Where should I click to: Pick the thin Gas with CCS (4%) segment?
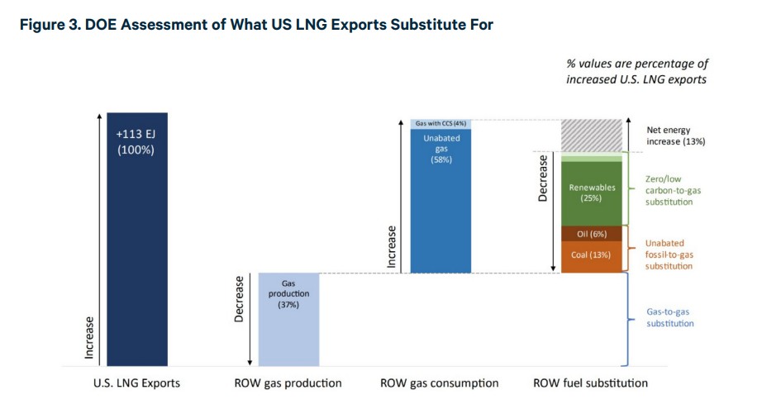441,123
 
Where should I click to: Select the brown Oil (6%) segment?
592,234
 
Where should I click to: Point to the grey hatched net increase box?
592,135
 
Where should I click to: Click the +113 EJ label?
136,134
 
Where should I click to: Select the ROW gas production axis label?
288,383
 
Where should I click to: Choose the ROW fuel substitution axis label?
592,383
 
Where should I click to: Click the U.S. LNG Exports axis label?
137,383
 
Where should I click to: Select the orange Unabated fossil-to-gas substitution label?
669,254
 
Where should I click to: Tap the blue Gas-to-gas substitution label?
669,317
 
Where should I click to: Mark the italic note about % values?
636,72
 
